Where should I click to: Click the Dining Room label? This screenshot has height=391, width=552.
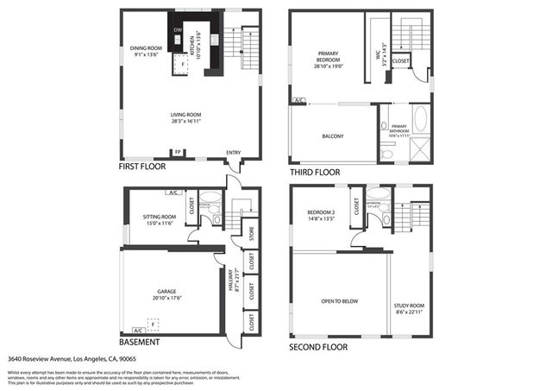146,50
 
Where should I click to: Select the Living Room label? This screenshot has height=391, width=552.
185,117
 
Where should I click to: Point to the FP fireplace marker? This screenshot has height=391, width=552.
178,153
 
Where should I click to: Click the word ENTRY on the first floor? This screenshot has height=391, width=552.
234,153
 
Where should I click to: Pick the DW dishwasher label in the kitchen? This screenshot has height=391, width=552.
178,31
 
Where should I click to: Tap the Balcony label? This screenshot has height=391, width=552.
333,136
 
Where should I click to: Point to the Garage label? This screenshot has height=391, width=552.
166,294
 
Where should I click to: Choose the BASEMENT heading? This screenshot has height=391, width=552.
140,341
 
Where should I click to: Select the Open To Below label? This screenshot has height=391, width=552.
340,301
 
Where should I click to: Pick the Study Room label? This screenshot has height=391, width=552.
410,308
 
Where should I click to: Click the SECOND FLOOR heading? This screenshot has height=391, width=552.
318,347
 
